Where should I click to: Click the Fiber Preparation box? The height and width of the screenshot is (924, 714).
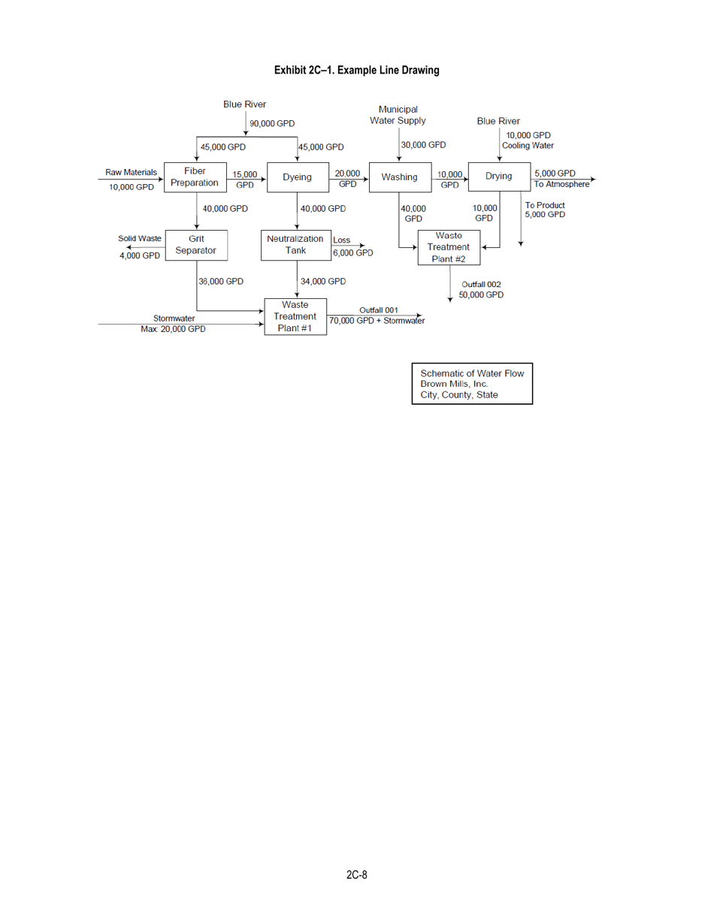(195, 177)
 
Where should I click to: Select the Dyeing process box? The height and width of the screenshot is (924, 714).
(297, 177)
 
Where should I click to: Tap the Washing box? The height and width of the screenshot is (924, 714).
(399, 177)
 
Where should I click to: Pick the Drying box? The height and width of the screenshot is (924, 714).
(499, 177)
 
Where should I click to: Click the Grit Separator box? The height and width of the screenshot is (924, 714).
(195, 244)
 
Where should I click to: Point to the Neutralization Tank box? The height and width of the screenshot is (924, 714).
(295, 245)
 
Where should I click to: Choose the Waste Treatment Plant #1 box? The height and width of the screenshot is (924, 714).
(295, 316)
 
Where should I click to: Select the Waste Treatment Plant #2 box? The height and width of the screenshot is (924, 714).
(448, 247)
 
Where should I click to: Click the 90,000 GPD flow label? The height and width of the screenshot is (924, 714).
(272, 123)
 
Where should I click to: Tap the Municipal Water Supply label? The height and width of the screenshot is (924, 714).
(398, 115)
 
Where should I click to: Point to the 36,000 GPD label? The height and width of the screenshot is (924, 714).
(221, 281)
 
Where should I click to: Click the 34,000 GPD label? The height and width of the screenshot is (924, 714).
(323, 281)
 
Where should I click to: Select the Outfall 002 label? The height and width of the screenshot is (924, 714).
(481, 284)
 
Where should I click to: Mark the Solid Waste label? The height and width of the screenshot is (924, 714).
(140, 238)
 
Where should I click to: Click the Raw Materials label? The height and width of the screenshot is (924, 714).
(131, 172)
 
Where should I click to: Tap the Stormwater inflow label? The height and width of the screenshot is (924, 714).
(174, 319)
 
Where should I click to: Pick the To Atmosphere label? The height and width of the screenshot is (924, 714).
(561, 184)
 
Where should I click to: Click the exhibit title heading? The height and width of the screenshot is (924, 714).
(356, 70)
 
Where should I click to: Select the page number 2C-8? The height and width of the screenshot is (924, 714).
(356, 875)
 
